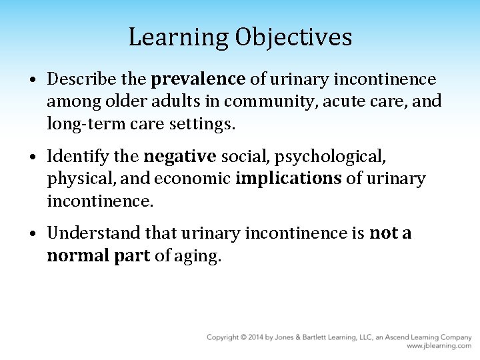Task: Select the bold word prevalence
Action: coord(199,80)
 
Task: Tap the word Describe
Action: coord(75,80)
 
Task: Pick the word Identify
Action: coord(73,157)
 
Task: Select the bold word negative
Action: coord(180,157)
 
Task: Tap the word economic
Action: coord(199,179)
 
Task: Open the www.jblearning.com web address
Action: coord(439,346)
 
